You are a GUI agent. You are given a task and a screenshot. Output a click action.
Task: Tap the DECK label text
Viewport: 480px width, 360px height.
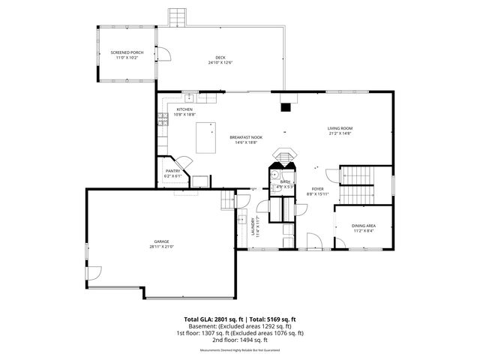[220, 58]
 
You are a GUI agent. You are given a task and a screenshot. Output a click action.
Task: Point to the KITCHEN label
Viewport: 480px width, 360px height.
[184, 109]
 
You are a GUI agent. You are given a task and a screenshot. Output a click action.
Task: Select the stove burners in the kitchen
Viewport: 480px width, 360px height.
[161, 119]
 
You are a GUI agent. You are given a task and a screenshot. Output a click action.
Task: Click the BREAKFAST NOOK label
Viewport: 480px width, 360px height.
[246, 137]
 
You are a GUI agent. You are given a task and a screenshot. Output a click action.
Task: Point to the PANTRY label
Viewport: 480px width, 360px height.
[172, 171]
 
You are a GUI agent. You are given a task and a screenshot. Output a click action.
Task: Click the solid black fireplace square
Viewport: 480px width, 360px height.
[285, 106]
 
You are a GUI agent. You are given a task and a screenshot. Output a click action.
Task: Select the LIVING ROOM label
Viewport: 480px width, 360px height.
[340, 128]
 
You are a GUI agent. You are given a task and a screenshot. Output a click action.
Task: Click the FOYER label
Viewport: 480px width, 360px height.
[318, 189]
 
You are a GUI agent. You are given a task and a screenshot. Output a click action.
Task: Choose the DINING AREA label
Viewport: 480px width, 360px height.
[364, 226]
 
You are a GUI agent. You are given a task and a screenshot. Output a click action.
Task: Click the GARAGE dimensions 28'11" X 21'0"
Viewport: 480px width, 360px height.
[161, 246]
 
